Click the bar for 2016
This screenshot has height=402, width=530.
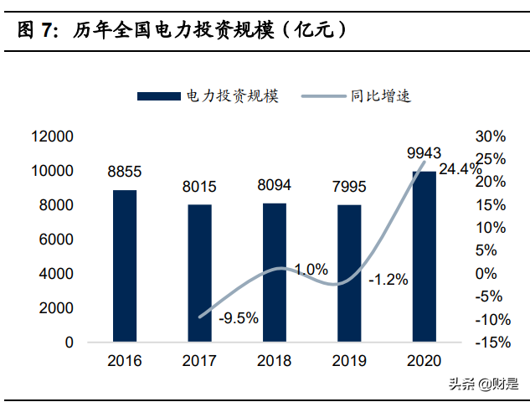[x=124, y=265]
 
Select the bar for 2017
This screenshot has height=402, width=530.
[x=199, y=272]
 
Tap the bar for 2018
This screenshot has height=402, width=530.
[x=275, y=272]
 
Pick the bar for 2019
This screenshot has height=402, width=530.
[x=349, y=273]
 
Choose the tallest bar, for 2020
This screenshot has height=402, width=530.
[x=425, y=256]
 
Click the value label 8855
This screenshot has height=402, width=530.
[x=124, y=172]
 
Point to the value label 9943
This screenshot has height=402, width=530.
[x=424, y=152]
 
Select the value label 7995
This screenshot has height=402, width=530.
[x=349, y=187]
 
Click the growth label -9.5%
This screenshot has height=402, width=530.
[x=239, y=317]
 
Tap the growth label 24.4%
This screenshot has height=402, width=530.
[x=460, y=169]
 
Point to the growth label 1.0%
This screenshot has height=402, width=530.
[x=311, y=269]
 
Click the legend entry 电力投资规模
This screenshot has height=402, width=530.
[x=209, y=95]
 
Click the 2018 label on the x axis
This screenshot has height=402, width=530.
[x=275, y=361]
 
